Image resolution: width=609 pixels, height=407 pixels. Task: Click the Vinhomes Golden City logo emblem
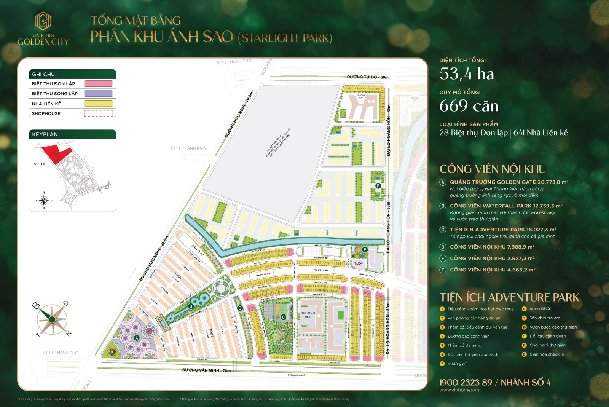43,21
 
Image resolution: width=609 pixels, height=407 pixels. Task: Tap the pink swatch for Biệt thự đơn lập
98,84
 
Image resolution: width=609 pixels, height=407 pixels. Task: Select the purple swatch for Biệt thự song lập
98,94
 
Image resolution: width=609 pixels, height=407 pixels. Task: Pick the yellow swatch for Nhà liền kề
98,104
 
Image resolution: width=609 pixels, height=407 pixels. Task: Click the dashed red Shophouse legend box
98,113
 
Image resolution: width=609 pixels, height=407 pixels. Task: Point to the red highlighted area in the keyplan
56,153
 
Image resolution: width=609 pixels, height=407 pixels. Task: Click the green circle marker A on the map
137,338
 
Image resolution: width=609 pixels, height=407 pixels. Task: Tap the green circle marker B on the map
191,306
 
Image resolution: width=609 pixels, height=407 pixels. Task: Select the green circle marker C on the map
283,317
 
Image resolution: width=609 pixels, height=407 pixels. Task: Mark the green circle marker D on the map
240,308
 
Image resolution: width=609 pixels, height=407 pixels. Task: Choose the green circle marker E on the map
365,250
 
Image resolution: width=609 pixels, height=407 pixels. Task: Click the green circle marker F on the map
378,186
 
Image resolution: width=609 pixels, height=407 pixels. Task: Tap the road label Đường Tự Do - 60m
367,77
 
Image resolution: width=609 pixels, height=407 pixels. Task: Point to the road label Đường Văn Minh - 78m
206,370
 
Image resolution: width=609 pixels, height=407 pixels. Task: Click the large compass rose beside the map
52,319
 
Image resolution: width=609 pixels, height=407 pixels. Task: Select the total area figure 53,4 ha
467,74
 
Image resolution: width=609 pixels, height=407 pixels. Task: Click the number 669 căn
469,106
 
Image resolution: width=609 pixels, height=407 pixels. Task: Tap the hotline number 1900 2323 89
466,382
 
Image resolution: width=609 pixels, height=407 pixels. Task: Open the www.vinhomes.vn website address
459,390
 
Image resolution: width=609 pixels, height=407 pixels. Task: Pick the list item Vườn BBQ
539,309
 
